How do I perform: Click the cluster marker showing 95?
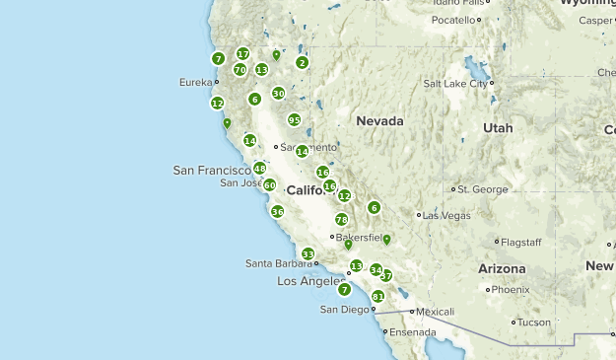(294, 120)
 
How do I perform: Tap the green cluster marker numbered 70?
(240, 70)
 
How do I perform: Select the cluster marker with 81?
(378, 297)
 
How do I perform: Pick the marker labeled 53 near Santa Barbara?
(308, 254)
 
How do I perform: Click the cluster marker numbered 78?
(342, 220)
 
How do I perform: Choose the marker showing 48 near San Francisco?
(259, 169)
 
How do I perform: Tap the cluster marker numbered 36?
(278, 212)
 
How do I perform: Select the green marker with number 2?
(302, 63)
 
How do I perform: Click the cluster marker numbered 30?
(278, 94)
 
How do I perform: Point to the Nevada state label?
(379, 121)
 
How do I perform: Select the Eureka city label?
(196, 83)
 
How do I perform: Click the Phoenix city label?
(511, 290)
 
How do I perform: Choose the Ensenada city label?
(411, 332)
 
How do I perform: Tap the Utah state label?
(498, 128)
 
